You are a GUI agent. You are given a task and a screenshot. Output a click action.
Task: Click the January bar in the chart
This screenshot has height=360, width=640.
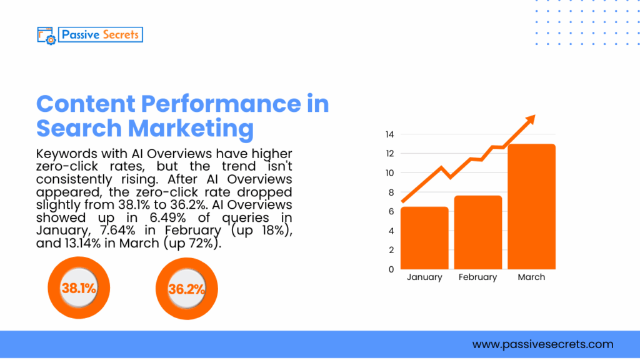[424, 238]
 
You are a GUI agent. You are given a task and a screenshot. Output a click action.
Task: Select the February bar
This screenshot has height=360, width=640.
[478, 232]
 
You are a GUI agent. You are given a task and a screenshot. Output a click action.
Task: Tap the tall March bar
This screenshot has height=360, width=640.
[531, 207]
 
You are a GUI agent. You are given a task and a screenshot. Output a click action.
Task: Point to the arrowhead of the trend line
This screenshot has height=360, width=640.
[529, 119]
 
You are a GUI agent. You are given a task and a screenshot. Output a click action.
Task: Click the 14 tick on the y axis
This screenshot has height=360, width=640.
[389, 134]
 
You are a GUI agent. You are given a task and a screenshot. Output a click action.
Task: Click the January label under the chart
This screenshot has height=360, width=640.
[424, 277]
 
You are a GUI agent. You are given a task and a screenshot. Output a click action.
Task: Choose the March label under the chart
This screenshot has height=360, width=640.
[531, 277]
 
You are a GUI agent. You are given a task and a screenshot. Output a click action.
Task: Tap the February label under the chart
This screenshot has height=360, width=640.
[478, 277]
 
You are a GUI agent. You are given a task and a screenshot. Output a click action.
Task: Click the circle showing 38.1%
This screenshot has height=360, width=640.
[79, 288]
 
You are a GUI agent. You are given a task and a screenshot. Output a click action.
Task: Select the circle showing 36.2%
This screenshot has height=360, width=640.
[186, 289]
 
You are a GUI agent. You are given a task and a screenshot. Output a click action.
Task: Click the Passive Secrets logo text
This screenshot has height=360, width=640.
[101, 34]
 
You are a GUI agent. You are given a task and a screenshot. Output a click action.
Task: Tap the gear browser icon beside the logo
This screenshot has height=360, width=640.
[47, 35]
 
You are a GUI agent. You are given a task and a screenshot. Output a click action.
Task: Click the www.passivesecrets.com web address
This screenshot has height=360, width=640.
[542, 344]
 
